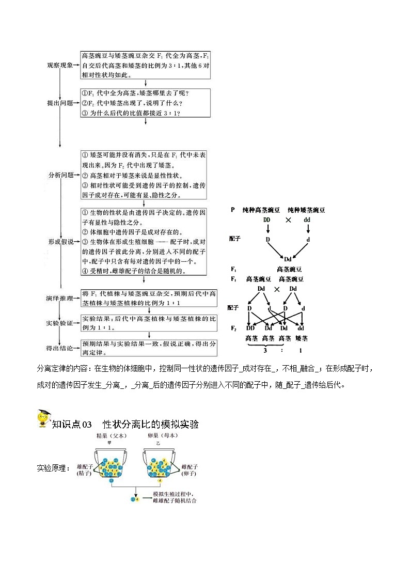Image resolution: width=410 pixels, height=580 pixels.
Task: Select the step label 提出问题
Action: pyautogui.click(x=59, y=103)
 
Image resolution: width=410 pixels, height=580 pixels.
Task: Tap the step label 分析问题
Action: pyautogui.click(x=59, y=175)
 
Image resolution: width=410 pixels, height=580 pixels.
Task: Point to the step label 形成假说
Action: pyautogui.click(x=59, y=241)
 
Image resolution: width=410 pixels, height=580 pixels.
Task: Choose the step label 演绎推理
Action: pyautogui.click(x=59, y=298)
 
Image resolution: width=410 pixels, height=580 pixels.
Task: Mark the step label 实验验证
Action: pyautogui.click(x=59, y=323)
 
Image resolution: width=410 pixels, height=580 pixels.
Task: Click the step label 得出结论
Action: pyautogui.click(x=59, y=348)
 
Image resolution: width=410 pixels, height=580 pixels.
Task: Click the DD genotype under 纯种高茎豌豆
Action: pyautogui.click(x=267, y=220)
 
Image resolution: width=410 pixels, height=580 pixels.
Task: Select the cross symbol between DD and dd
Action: pyautogui.click(x=288, y=220)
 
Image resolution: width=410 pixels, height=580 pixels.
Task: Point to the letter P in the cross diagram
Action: pyautogui.click(x=233, y=210)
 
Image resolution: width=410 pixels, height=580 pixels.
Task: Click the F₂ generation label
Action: pyautogui.click(x=233, y=327)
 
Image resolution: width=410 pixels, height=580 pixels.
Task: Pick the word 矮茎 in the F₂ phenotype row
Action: pyautogui.click(x=302, y=338)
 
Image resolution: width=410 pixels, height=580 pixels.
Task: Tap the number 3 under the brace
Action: pyautogui.click(x=265, y=350)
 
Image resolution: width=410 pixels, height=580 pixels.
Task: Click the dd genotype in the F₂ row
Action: pyautogui.click(x=301, y=327)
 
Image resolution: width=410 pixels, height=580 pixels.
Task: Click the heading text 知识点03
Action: pyautogui.click(x=72, y=424)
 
